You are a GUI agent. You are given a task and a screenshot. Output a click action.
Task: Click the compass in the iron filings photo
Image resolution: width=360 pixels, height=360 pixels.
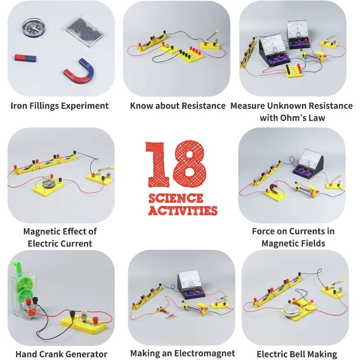coord(30,27)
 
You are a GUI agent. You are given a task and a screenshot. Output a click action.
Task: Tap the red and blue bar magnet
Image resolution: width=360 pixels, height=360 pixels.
coord(27,58)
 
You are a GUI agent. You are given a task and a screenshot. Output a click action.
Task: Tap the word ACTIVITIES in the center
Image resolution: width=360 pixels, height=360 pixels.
coord(182,210)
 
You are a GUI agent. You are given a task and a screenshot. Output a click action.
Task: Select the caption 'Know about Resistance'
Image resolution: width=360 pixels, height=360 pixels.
coord(178,106)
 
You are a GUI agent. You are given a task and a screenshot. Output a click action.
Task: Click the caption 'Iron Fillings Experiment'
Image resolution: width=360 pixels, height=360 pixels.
coord(59,106)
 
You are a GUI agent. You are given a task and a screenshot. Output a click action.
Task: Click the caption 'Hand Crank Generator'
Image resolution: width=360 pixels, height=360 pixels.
coord(61,354)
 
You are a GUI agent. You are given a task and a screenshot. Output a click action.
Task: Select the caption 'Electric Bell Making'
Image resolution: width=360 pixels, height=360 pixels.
coord(297,354)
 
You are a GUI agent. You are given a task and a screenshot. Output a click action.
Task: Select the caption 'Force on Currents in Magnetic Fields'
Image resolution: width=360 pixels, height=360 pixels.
coord(293,237)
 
